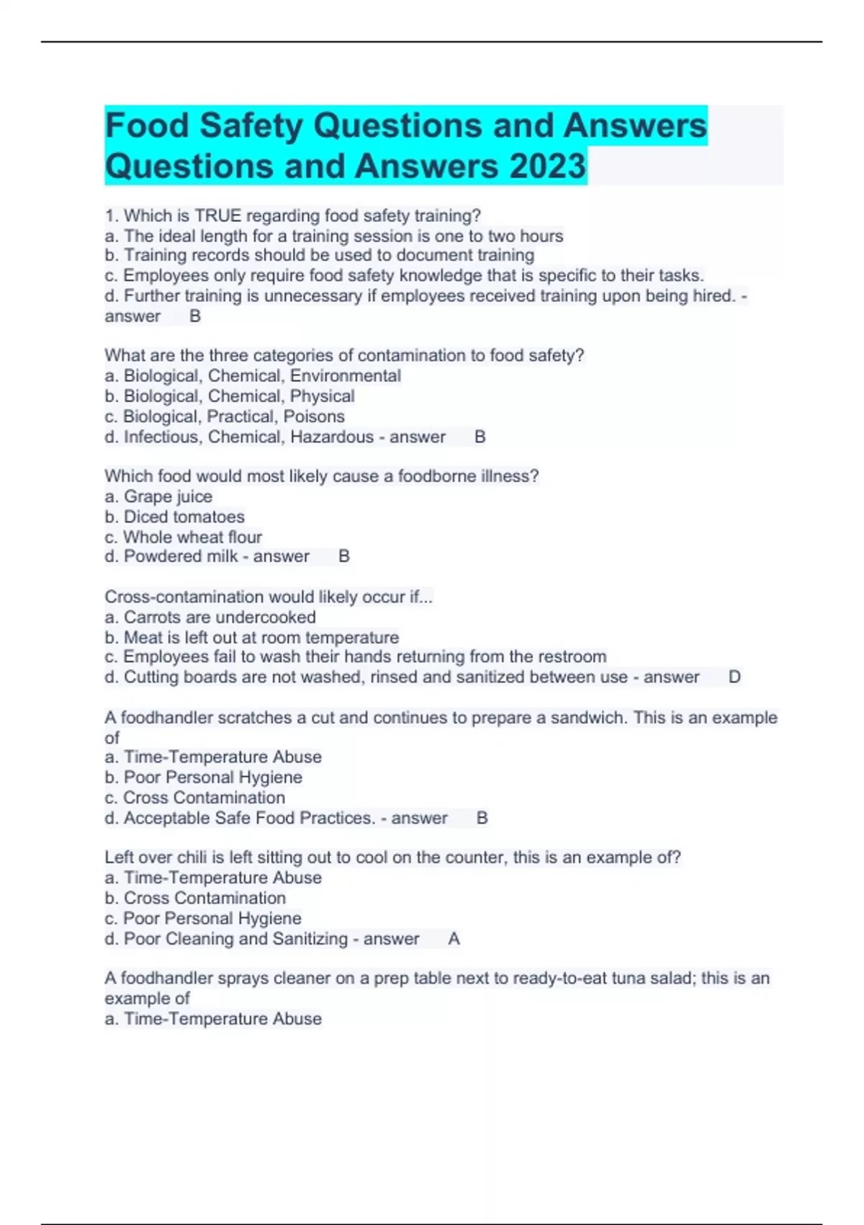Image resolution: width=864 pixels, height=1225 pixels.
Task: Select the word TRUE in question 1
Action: click(x=218, y=215)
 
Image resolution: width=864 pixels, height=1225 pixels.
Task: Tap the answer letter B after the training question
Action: click(x=194, y=316)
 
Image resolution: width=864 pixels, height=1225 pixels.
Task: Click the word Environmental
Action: click(x=346, y=375)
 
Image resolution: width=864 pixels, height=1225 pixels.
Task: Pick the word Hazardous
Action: click(x=332, y=437)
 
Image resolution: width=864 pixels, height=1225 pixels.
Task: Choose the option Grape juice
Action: click(x=168, y=496)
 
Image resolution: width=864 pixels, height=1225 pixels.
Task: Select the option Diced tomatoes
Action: click(x=184, y=517)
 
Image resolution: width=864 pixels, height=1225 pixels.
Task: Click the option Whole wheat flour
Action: click(x=192, y=537)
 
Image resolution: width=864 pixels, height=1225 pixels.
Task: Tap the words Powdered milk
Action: click(x=181, y=556)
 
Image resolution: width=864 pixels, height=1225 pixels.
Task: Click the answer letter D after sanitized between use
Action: click(x=734, y=677)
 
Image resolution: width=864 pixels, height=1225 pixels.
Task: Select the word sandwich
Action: click(x=590, y=718)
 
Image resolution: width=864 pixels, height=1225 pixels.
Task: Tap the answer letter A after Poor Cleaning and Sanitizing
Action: click(x=454, y=938)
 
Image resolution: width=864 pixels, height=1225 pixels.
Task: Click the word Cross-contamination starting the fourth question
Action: click(x=182, y=597)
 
